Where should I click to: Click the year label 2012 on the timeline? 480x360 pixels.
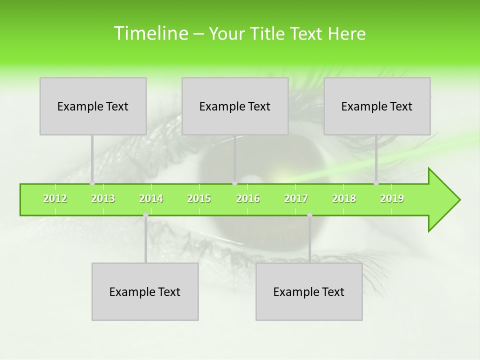pyautogui.click(x=55, y=198)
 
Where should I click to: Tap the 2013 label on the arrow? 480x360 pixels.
pyautogui.click(x=103, y=198)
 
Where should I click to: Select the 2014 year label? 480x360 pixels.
pyautogui.click(x=151, y=198)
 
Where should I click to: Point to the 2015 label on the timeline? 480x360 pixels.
pyautogui.click(x=199, y=198)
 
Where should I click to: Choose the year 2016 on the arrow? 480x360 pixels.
pyautogui.click(x=248, y=198)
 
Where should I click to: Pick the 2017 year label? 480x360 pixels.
pyautogui.click(x=296, y=198)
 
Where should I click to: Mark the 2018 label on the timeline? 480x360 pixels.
pyautogui.click(x=344, y=198)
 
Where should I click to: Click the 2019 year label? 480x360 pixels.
pyautogui.click(x=392, y=198)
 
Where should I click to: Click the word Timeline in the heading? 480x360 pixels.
pyautogui.click(x=150, y=33)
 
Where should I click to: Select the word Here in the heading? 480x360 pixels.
pyautogui.click(x=346, y=34)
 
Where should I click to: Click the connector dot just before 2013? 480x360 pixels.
pyautogui.click(x=92, y=183)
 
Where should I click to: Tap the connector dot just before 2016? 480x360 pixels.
pyautogui.click(x=234, y=183)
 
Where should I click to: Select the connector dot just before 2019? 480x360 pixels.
pyautogui.click(x=376, y=183)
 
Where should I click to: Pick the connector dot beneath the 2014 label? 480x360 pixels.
pyautogui.click(x=145, y=215)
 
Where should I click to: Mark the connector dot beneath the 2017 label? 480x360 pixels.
pyautogui.click(x=309, y=215)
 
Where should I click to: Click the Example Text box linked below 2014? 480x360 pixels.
pyautogui.click(x=145, y=291)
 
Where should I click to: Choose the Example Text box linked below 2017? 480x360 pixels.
pyautogui.click(x=309, y=291)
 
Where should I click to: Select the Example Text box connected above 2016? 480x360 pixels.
pyautogui.click(x=235, y=106)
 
